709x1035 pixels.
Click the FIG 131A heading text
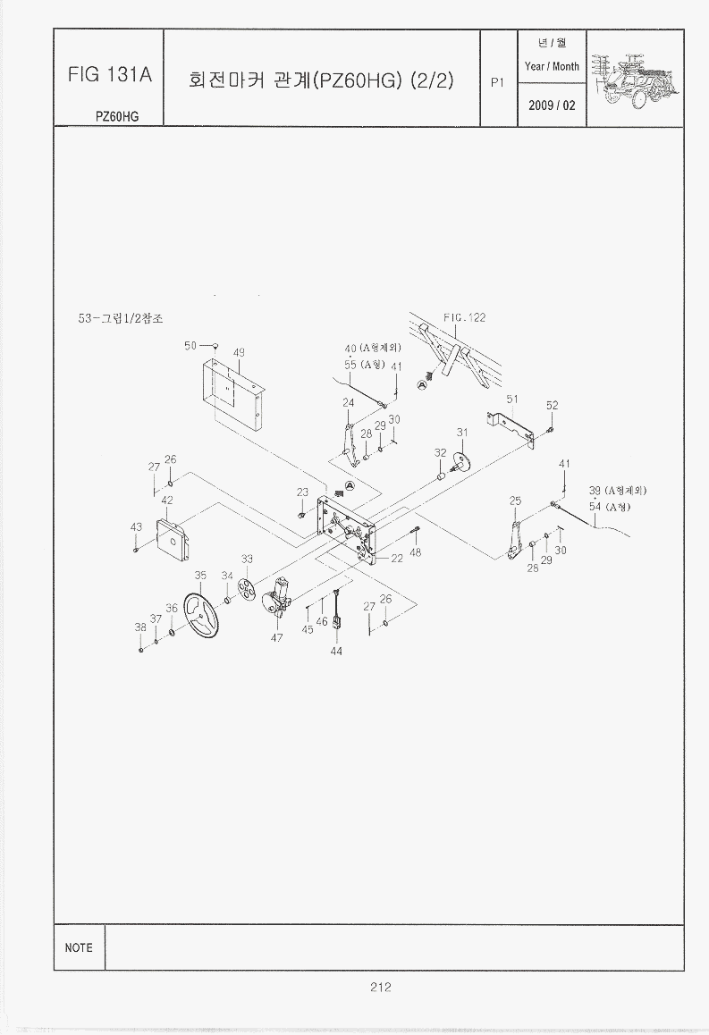pyautogui.click(x=109, y=75)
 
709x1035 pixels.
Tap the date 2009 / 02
pyautogui.click(x=552, y=105)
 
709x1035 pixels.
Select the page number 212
pyautogui.click(x=380, y=987)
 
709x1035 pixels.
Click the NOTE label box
pyautogui.click(x=79, y=947)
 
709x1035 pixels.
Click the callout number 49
pyautogui.click(x=239, y=352)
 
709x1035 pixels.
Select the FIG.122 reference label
pyautogui.click(x=464, y=318)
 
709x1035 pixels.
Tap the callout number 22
pyautogui.click(x=396, y=559)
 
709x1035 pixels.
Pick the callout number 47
pyautogui.click(x=277, y=638)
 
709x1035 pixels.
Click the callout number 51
pyautogui.click(x=512, y=399)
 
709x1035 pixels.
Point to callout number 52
pyautogui.click(x=552, y=406)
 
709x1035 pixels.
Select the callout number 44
pyautogui.click(x=336, y=651)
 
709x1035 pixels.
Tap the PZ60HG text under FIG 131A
pyautogui.click(x=117, y=115)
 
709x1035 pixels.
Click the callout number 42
pyautogui.click(x=166, y=500)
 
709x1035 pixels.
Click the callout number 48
pyautogui.click(x=416, y=552)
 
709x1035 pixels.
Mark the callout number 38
pyautogui.click(x=140, y=627)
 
